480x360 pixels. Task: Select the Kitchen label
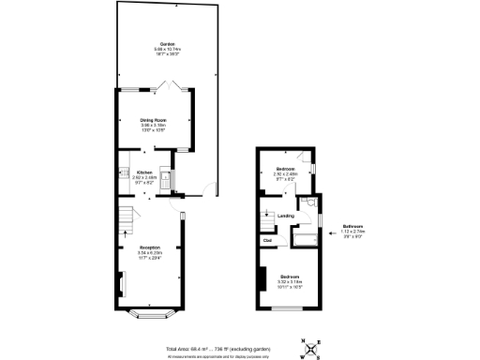pyautogui.click(x=144, y=172)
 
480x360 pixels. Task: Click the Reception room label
pyautogui.click(x=150, y=247)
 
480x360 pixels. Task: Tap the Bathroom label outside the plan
pyautogui.click(x=353, y=227)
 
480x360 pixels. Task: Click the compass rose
pyautogui.click(x=311, y=348)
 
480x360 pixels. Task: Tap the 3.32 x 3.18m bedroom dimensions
pyautogui.click(x=288, y=282)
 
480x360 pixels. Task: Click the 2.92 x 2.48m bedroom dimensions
pyautogui.click(x=286, y=173)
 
